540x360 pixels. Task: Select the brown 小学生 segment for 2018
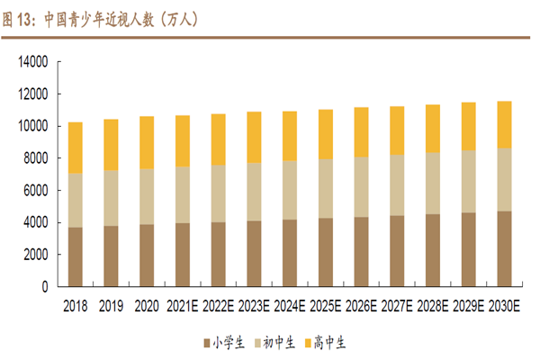(x=76, y=256)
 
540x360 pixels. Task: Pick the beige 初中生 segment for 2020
(x=147, y=196)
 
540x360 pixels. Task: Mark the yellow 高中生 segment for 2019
(x=112, y=144)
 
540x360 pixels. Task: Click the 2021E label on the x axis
(x=183, y=306)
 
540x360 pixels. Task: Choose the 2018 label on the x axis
(x=76, y=306)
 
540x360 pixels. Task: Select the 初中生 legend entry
(x=274, y=342)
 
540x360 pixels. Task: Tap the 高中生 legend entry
(x=327, y=342)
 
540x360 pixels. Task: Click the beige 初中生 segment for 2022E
(x=220, y=193)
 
